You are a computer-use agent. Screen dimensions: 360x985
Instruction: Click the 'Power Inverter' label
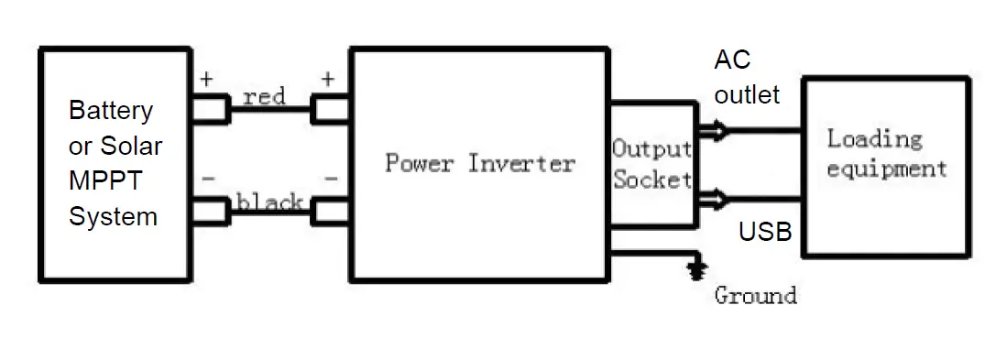pyautogui.click(x=479, y=164)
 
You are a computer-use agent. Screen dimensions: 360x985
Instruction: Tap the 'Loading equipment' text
pyautogui.click(x=885, y=154)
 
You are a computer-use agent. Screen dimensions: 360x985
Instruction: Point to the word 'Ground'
pyautogui.click(x=755, y=295)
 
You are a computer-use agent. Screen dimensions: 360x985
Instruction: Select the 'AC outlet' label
pyautogui.click(x=747, y=77)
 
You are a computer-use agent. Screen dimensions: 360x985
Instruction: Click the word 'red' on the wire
pyautogui.click(x=265, y=95)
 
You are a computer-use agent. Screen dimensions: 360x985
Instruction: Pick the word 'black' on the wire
pyautogui.click(x=270, y=202)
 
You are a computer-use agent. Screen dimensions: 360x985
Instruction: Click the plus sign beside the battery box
pyautogui.click(x=206, y=80)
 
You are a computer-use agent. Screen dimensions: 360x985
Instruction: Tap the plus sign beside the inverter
pyautogui.click(x=328, y=80)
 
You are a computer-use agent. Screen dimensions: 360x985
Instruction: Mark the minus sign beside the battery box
pyautogui.click(x=208, y=180)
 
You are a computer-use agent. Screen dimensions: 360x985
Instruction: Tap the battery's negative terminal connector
pyautogui.click(x=213, y=212)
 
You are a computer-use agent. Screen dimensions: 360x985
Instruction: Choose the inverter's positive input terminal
pyautogui.click(x=331, y=111)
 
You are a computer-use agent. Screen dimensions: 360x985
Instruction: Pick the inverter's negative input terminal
pyautogui.click(x=331, y=213)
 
